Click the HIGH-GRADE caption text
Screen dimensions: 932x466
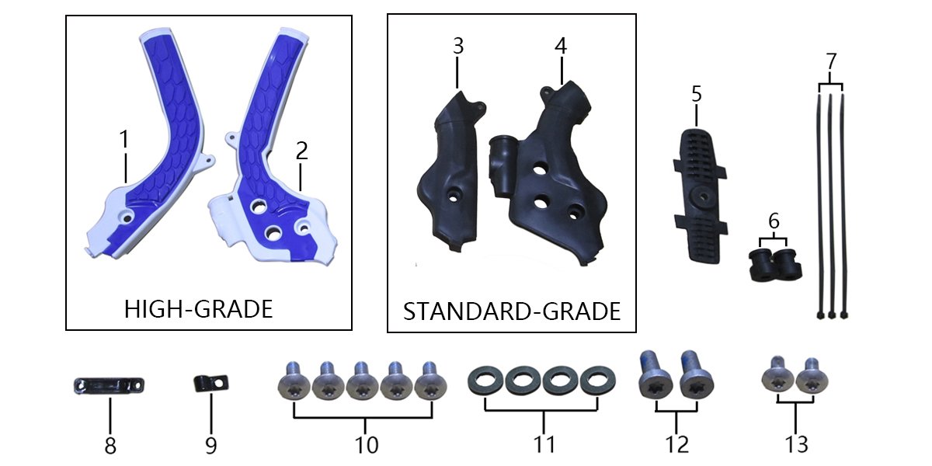click(199, 309)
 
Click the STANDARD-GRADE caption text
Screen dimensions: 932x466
click(512, 311)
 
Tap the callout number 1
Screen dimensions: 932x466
click(124, 139)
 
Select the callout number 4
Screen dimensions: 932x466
click(561, 46)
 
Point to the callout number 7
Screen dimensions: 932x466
click(831, 61)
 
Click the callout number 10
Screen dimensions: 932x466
click(367, 445)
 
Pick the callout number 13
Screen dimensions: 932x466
click(796, 444)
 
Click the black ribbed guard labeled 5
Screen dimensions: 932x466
click(701, 196)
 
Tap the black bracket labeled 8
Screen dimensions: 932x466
click(109, 385)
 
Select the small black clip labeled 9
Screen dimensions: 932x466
click(211, 383)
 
